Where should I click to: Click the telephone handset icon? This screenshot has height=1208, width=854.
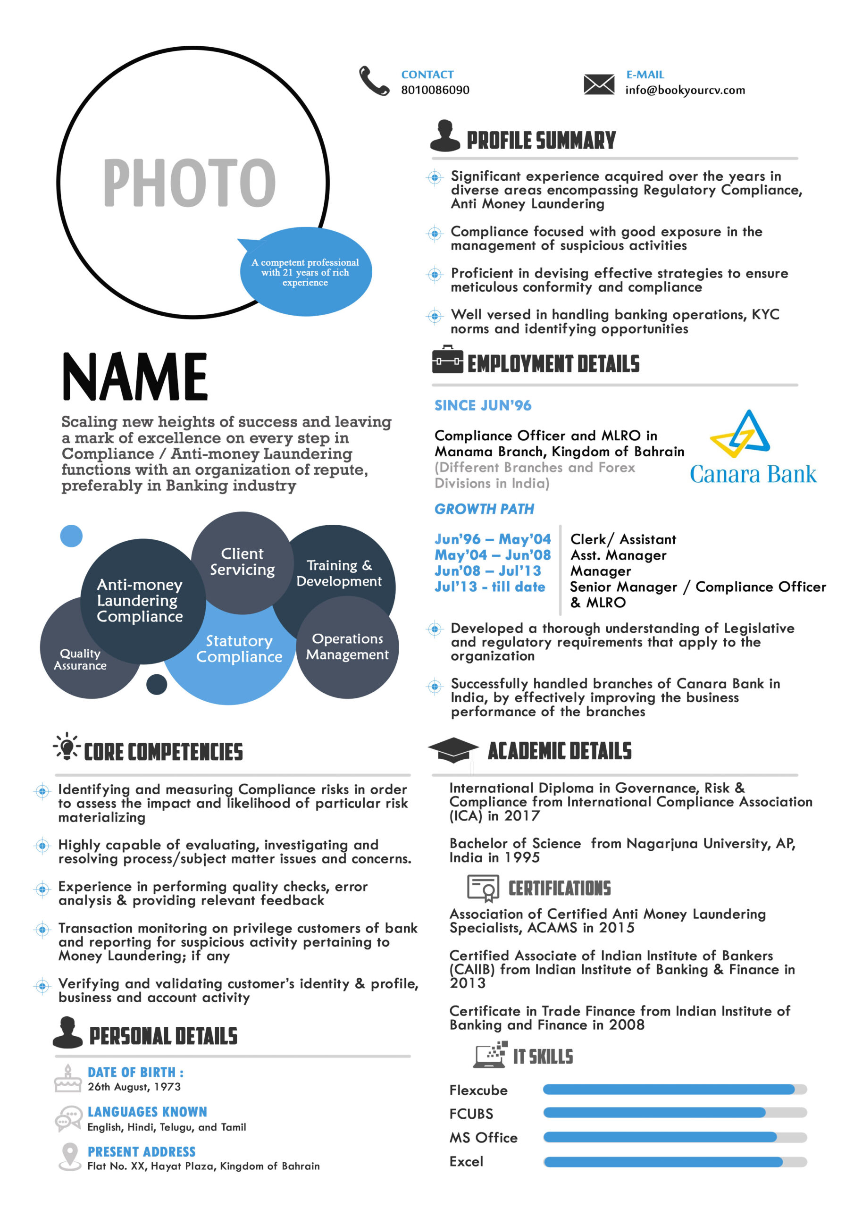[x=374, y=81]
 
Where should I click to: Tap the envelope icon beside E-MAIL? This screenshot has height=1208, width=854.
[x=599, y=84]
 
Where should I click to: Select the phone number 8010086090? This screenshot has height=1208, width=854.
[x=435, y=90]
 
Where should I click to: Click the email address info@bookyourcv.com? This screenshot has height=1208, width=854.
[x=685, y=90]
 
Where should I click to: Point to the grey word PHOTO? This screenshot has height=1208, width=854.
[x=189, y=182]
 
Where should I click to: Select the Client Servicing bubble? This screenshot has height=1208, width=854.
[x=242, y=562]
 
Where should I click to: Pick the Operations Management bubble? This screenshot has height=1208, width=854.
[x=347, y=646]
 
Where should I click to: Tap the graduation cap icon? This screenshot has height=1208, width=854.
[x=453, y=749]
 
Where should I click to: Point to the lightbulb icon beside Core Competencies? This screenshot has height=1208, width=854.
[x=67, y=746]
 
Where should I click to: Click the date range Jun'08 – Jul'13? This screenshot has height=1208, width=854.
[x=487, y=571]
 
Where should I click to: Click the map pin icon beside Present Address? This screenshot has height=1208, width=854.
[x=69, y=1156]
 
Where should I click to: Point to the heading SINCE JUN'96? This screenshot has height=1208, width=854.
[x=483, y=406]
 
